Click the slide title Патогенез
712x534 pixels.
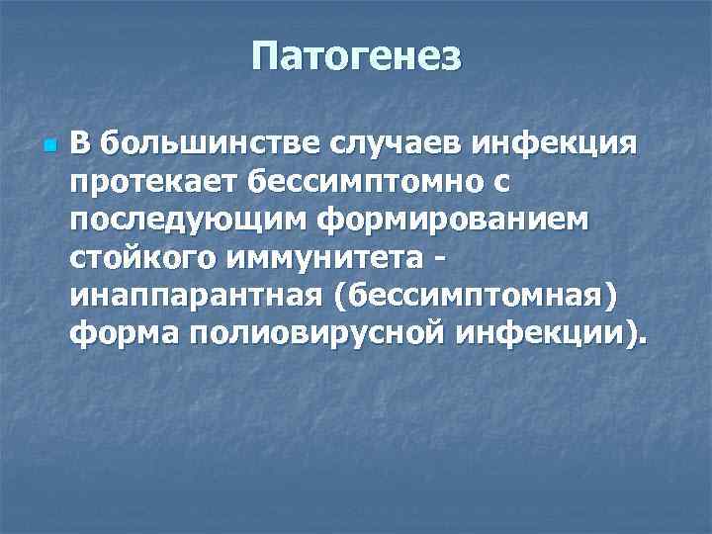pyautogui.click(x=356, y=56)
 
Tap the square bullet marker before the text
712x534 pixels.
pyautogui.click(x=49, y=146)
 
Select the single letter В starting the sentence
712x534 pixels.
pyautogui.click(x=80, y=145)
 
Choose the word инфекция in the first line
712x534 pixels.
pyautogui.click(x=560, y=145)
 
